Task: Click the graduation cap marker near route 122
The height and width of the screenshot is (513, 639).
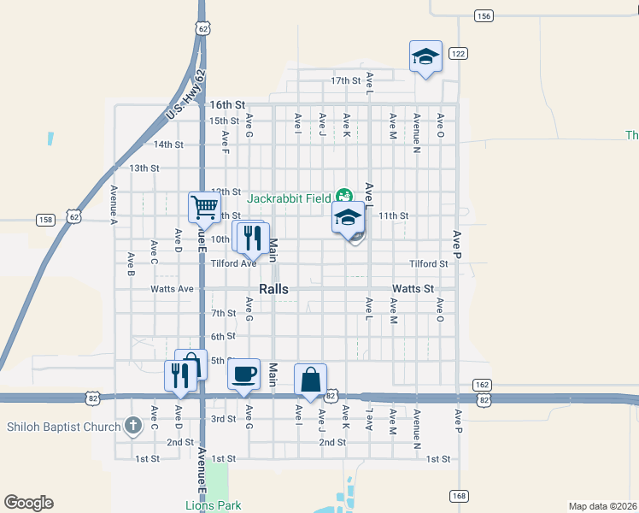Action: (425, 56)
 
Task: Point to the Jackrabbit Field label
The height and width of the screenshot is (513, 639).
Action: (289, 198)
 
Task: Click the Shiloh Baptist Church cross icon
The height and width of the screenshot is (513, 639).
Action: (132, 424)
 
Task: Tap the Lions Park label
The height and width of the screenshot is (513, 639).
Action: (214, 505)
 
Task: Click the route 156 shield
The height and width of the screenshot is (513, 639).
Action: (484, 16)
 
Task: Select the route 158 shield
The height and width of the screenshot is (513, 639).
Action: (45, 220)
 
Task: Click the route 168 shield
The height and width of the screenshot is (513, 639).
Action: (460, 495)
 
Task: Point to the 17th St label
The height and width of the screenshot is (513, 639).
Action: (346, 80)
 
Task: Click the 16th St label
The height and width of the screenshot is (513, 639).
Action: (228, 104)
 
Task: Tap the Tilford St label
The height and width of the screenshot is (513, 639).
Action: (428, 264)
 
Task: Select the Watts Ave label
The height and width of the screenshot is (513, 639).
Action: (172, 289)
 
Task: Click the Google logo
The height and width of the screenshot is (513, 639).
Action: (28, 503)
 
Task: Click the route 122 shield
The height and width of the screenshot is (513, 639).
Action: (459, 53)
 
